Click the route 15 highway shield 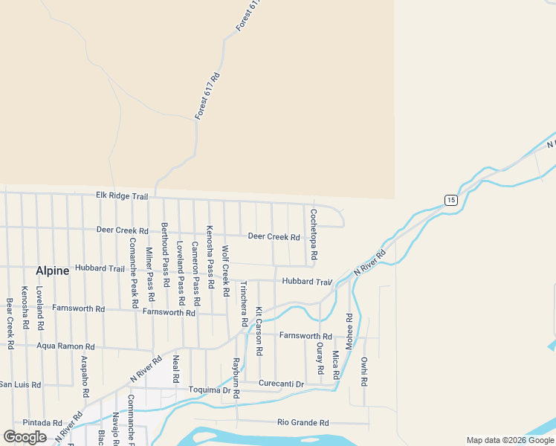pyautogui.click(x=450, y=199)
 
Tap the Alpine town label pyautogui.click(x=52, y=271)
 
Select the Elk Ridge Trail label pyautogui.click(x=122, y=195)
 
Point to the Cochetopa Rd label pyautogui.click(x=314, y=234)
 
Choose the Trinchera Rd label pyautogui.click(x=243, y=305)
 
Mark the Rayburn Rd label pyautogui.click(x=235, y=378)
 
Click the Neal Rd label pyautogui.click(x=176, y=369)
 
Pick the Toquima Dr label pyautogui.click(x=210, y=390)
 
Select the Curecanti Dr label pyautogui.click(x=282, y=384)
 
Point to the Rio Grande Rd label pyautogui.click(x=303, y=423)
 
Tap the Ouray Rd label pyautogui.click(x=320, y=358)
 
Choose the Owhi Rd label pyautogui.click(x=364, y=372)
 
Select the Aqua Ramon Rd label pyautogui.click(x=66, y=346)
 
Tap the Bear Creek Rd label pyautogui.click(x=10, y=323)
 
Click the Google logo pyautogui.click(x=25, y=437)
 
